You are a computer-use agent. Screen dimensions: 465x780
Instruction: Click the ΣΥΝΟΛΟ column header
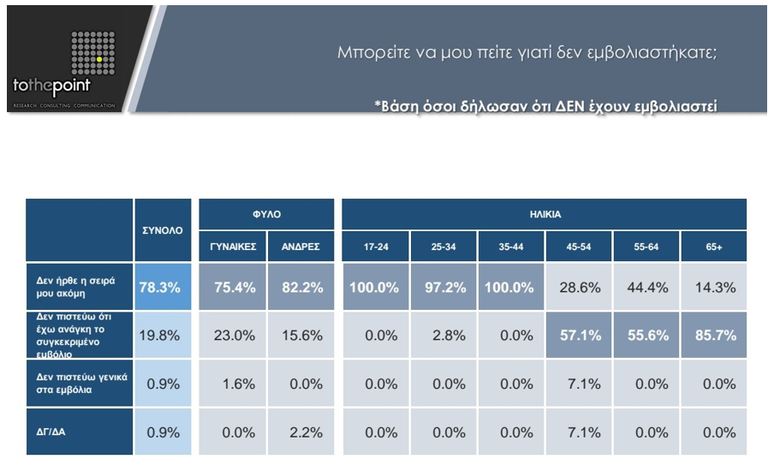click(162, 230)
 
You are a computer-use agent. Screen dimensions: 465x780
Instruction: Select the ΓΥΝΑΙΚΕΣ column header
click(233, 247)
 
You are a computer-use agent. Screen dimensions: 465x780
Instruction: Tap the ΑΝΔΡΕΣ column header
click(301, 247)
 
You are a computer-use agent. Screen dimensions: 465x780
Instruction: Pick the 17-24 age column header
click(376, 247)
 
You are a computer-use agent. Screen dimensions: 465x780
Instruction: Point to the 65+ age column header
click(714, 247)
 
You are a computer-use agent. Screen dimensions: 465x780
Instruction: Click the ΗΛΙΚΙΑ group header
click(545, 214)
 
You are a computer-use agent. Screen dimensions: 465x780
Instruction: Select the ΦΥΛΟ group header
click(266, 214)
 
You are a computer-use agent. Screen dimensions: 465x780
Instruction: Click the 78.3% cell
click(162, 288)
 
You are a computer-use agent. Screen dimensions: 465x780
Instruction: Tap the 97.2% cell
click(444, 288)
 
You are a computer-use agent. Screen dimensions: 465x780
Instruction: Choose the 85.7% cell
click(714, 335)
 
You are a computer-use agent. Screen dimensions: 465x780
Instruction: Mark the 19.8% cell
click(162, 335)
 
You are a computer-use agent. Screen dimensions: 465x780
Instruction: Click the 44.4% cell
click(646, 288)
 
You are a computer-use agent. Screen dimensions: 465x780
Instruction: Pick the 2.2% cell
click(301, 432)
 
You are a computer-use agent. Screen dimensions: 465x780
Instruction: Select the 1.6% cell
click(233, 384)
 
